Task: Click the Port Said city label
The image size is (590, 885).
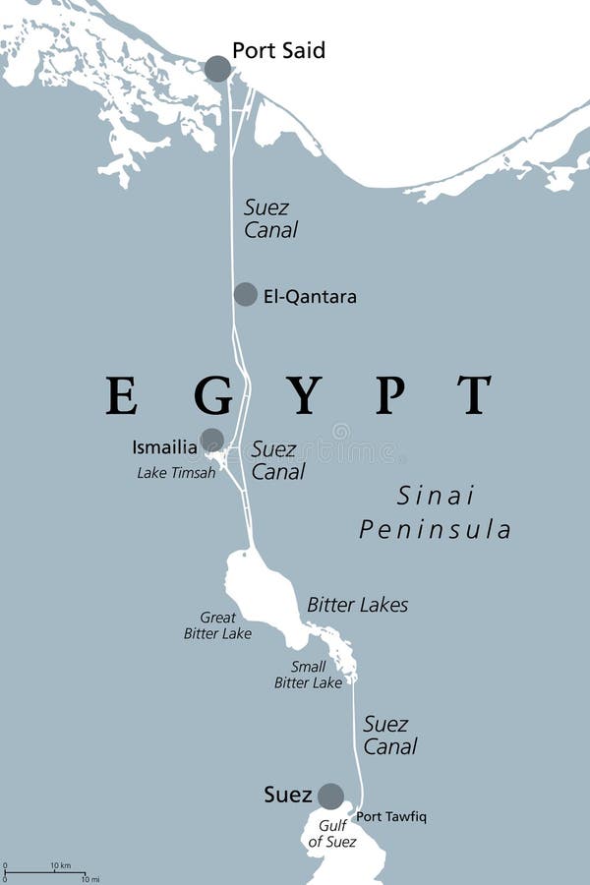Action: [278, 50]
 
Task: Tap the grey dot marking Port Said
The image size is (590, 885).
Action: [217, 69]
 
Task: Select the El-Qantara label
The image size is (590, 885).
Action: [310, 296]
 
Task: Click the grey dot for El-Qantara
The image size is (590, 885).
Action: [245, 294]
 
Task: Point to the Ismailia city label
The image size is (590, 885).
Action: [164, 447]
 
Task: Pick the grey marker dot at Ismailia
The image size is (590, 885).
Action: [211, 440]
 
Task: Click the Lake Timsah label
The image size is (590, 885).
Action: [176, 473]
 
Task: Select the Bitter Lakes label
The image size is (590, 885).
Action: [357, 605]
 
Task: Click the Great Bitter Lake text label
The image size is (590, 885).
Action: [217, 625]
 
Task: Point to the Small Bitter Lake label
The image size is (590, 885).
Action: [308, 675]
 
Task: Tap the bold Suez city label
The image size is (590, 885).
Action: [288, 795]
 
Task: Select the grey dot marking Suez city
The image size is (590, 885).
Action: [330, 796]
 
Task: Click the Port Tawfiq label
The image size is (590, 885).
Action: [391, 816]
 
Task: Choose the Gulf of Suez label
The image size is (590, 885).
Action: [331, 834]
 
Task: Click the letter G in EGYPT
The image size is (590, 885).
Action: [212, 395]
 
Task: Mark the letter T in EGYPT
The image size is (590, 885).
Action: [474, 395]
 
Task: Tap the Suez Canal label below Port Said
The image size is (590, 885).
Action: [270, 219]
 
